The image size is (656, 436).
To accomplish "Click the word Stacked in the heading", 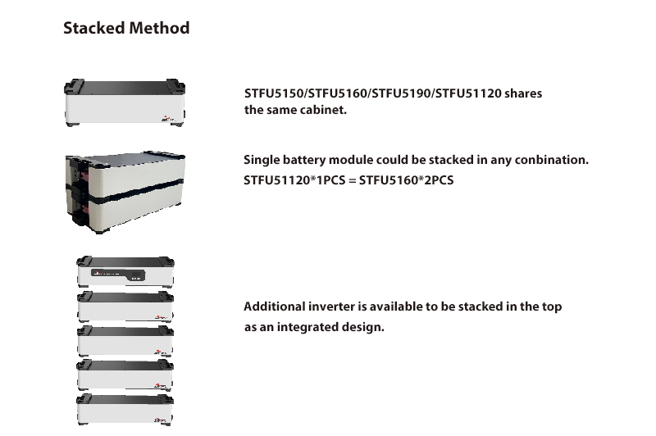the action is pyautogui.click(x=94, y=28).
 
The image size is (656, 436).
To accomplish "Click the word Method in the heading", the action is pyautogui.click(x=159, y=28).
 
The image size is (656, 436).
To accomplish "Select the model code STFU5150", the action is pyautogui.click(x=275, y=93).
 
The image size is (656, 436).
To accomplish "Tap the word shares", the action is pyautogui.click(x=523, y=93).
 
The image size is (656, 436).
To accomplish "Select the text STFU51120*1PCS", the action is pyautogui.click(x=294, y=180).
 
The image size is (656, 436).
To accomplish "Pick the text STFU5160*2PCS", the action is pyautogui.click(x=406, y=180).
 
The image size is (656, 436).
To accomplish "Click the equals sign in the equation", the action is pyautogui.click(x=353, y=180).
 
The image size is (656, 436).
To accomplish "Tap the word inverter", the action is pyautogui.click(x=331, y=307).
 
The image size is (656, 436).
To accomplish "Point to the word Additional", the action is pyautogui.click(x=275, y=307).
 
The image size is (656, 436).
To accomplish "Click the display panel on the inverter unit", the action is pyautogui.click(x=118, y=275).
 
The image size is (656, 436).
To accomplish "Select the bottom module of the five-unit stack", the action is pyautogui.click(x=125, y=409).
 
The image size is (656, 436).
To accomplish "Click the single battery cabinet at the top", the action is pyautogui.click(x=125, y=102).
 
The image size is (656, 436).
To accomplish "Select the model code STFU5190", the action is pyautogui.click(x=401, y=93).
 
